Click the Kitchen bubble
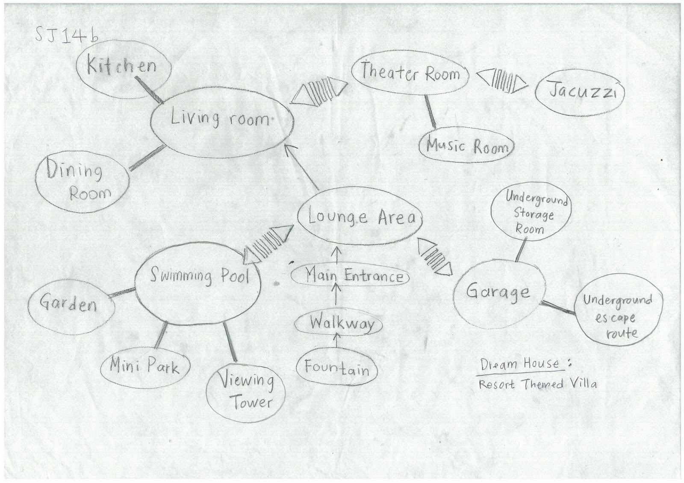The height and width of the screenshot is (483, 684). click(x=123, y=67)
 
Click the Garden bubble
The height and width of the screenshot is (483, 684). click(x=71, y=304)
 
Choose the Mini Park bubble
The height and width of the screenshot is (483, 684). click(x=144, y=366)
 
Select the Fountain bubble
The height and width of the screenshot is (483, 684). click(x=337, y=368)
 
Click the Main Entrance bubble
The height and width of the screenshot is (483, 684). click(x=350, y=276)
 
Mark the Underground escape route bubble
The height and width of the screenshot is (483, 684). click(x=617, y=316)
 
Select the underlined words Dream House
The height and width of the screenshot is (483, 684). click(x=520, y=364)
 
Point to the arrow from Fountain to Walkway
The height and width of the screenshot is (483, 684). click(x=336, y=340)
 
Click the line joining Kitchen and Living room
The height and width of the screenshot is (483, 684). click(x=148, y=90)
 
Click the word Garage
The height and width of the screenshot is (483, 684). click(x=498, y=292)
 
